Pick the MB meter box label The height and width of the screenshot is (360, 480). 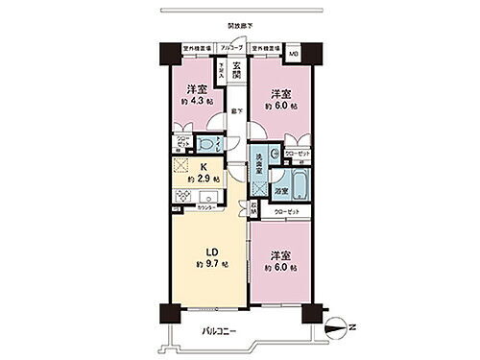(293, 54)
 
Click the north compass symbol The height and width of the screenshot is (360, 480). (335, 327)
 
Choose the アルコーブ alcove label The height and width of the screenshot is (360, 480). (232, 46)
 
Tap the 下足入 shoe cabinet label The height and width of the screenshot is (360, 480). (222, 70)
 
